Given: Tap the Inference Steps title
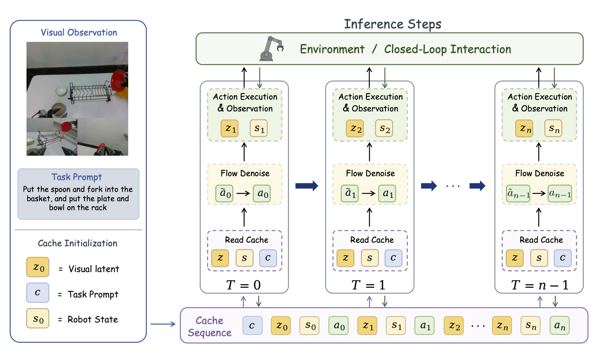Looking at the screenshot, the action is point(392,24).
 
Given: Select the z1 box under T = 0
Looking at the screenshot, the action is point(230,128).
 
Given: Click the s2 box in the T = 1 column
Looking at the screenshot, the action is point(384,128).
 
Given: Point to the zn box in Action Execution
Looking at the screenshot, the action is point(524,128).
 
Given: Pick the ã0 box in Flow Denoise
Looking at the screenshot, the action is point(225,194).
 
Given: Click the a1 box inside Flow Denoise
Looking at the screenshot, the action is point(387,194).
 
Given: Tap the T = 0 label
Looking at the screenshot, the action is point(243,285).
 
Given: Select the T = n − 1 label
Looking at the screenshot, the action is point(540,285).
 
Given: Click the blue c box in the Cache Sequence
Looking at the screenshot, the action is point(252,326).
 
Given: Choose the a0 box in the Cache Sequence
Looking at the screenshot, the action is point(339,326).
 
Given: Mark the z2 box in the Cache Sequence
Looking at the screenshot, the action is point(454,326).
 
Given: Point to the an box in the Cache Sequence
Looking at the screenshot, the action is point(559,326).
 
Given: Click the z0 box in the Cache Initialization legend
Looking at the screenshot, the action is point(38,267).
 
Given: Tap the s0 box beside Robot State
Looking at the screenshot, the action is point(38,318).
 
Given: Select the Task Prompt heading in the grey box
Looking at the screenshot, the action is point(77,177).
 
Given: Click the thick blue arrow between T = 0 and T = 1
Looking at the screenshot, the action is point(307,186).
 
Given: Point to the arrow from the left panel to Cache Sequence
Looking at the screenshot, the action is point(163,324).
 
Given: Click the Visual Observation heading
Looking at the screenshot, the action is point(79,33).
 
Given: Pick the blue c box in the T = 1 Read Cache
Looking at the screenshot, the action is point(393,258).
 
